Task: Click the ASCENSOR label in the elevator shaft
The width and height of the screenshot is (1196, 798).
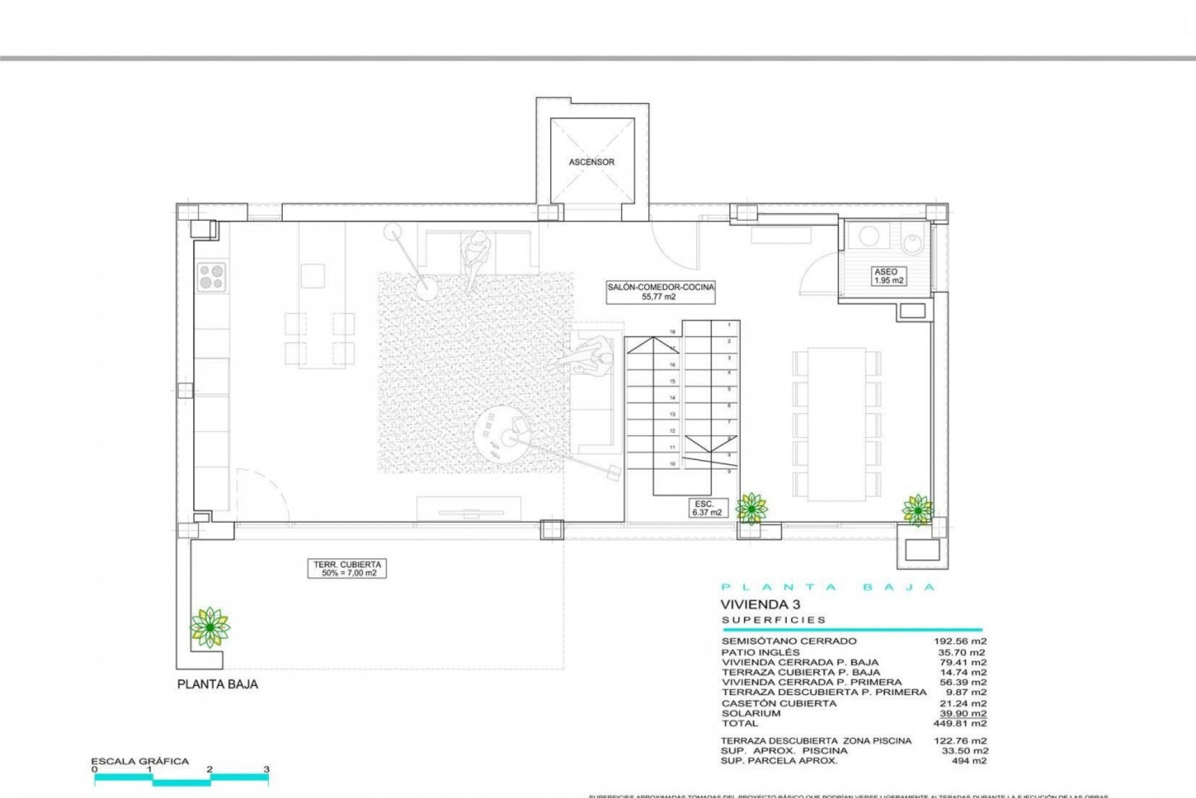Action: coord(591,162)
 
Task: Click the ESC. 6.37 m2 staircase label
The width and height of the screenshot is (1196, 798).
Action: coord(706,508)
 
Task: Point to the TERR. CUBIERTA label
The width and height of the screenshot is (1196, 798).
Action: coord(347,569)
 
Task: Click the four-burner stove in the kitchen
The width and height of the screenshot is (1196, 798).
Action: coord(211,277)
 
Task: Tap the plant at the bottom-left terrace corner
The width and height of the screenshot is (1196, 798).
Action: coord(210,627)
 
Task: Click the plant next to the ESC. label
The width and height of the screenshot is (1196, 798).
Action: coord(751,508)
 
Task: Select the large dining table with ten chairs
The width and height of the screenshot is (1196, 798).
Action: coord(837,424)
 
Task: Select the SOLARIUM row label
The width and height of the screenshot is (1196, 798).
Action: coord(751,713)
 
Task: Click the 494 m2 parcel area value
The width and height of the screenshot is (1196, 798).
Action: coord(969,761)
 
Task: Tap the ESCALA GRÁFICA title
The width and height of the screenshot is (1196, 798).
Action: coord(140,761)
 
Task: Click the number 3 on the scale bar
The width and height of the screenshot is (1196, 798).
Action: coord(266,769)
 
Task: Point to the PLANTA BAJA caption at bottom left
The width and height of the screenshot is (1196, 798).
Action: coord(217,684)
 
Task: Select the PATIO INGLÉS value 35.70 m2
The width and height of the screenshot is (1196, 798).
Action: coord(962,652)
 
